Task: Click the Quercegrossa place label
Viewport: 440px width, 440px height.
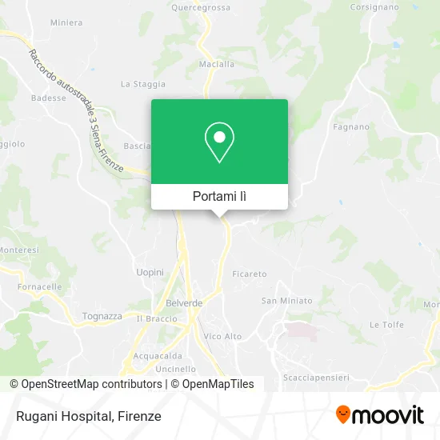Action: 201,7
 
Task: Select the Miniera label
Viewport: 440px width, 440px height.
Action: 66,22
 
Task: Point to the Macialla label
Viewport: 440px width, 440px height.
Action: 216,65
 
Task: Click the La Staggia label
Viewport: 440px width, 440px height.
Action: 142,83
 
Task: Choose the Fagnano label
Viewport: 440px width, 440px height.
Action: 351,126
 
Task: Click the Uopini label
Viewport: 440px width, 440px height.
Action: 150,273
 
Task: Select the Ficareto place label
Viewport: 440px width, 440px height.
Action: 250,274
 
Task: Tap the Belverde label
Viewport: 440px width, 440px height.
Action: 184,303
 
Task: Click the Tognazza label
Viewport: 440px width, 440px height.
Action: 102,316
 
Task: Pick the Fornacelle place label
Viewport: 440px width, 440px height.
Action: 40,287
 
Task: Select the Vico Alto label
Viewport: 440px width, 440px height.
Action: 223,337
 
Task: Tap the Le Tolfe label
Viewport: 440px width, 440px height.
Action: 385,324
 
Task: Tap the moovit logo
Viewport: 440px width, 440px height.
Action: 379,415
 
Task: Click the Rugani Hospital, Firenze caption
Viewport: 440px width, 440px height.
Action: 87,416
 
